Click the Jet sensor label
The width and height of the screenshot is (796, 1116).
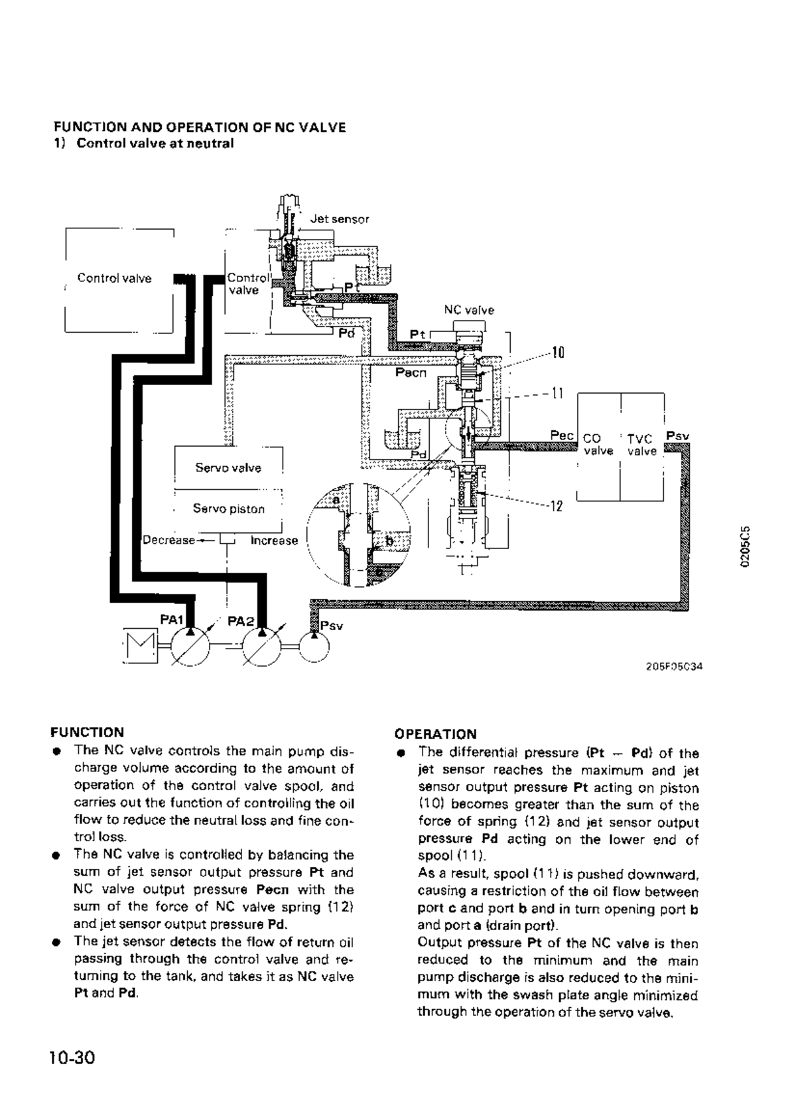tap(340, 219)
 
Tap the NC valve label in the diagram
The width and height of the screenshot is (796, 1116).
tap(469, 310)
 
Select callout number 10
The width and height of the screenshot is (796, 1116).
tap(558, 353)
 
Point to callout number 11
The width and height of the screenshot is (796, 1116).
tap(557, 393)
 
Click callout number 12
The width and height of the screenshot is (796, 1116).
tap(557, 507)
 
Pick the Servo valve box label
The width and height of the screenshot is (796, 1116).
tap(228, 468)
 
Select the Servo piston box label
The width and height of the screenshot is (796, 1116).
tap(228, 509)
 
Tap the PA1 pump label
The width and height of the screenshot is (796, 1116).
tap(171, 620)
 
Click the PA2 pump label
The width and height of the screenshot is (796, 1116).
tap(240, 621)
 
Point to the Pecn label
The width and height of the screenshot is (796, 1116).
tap(411, 373)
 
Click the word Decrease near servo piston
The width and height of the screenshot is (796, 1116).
tap(169, 540)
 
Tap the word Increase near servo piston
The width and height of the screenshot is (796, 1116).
tap(274, 540)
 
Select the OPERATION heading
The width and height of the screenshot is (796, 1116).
tap(435, 734)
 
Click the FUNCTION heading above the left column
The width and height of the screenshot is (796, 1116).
tap(88, 732)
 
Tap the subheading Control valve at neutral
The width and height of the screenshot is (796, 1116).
tap(155, 143)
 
